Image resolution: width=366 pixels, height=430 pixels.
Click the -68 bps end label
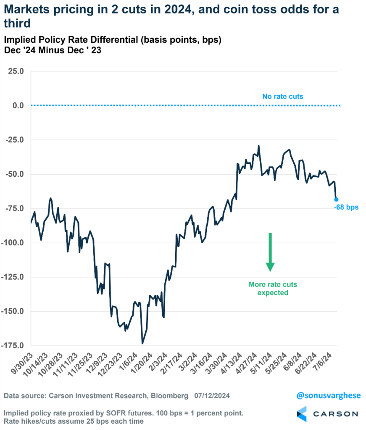tap(346, 207)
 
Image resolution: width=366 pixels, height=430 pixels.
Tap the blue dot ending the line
tap(336, 199)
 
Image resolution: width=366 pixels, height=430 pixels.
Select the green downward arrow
tap(270, 252)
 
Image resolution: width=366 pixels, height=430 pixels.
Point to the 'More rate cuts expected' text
tap(273, 288)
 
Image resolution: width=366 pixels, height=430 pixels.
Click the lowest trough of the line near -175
tap(142, 343)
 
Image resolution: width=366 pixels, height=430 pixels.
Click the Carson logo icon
tap(303, 414)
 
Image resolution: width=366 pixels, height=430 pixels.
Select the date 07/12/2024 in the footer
tap(212, 396)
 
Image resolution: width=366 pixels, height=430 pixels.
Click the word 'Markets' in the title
tap(32, 9)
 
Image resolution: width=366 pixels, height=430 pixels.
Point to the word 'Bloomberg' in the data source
tap(167, 396)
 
